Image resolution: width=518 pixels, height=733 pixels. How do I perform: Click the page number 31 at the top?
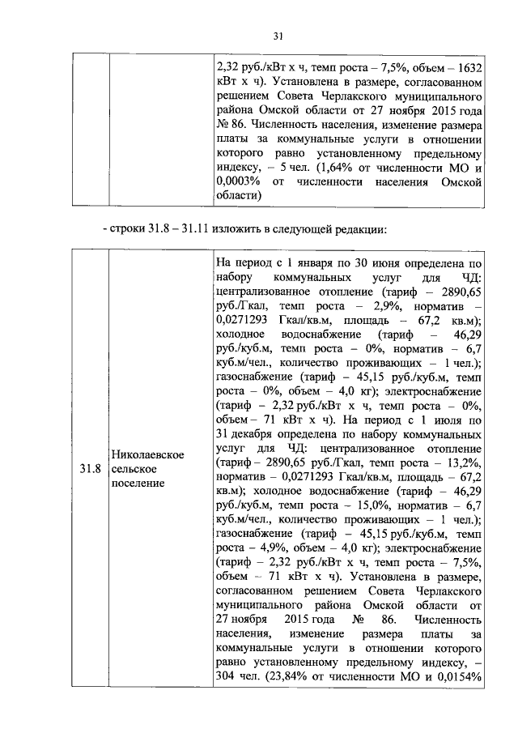pos(278,36)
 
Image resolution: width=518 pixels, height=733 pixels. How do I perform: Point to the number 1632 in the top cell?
pos(469,67)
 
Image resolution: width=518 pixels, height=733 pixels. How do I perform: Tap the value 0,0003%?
pos(240,181)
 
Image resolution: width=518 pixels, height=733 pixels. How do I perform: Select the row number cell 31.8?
pos(88,469)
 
